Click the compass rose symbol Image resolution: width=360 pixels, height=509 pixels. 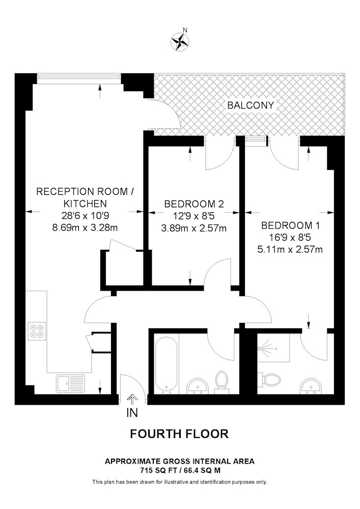point(180,41)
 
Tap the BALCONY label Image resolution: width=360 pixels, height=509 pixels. point(251,105)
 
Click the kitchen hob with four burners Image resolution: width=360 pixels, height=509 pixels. point(37,331)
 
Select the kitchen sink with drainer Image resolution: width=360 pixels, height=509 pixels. point(70,383)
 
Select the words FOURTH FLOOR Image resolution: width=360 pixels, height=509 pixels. point(180,434)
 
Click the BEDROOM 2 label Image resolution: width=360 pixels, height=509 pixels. point(194,204)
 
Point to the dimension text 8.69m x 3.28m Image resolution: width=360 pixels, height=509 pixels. point(85,228)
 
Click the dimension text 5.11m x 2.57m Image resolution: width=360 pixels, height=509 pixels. point(290,249)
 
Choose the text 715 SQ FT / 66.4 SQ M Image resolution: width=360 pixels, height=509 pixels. point(180,470)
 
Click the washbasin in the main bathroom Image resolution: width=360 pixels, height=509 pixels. point(199,386)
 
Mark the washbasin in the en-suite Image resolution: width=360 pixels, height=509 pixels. point(311,386)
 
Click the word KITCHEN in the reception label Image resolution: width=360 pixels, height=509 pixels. point(85,204)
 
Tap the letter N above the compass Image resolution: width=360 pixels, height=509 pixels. point(185,30)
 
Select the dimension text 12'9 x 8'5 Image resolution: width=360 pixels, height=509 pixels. point(194,216)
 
